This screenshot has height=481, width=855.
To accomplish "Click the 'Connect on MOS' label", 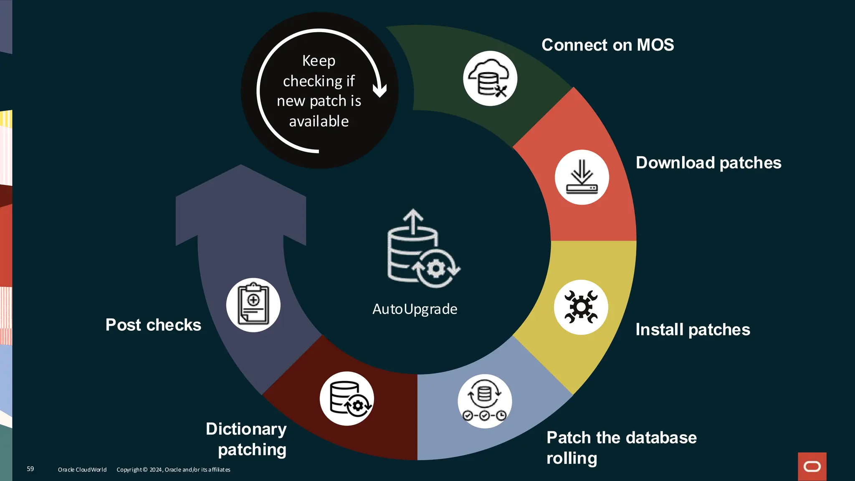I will pyautogui.click(x=607, y=45).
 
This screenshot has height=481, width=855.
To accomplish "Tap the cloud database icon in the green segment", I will pyautogui.click(x=490, y=78).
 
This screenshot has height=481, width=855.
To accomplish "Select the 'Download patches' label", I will pyautogui.click(x=708, y=163).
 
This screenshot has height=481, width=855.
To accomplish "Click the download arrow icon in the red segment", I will pyautogui.click(x=582, y=177).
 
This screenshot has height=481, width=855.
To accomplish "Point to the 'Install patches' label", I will pyautogui.click(x=693, y=330).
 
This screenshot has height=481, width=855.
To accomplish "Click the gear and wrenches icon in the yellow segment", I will pyautogui.click(x=581, y=307).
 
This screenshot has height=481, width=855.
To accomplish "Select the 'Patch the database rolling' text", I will pyautogui.click(x=621, y=448).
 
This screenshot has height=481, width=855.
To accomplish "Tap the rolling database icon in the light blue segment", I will pyautogui.click(x=484, y=401).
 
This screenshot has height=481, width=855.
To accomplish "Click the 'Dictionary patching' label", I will pyautogui.click(x=246, y=439).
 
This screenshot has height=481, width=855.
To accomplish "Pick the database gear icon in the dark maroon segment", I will pyautogui.click(x=347, y=398).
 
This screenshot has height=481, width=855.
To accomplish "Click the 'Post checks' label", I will pyautogui.click(x=153, y=325).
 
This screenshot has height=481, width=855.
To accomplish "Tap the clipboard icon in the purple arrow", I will pyautogui.click(x=253, y=305).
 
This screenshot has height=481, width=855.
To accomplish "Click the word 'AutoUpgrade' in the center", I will pyautogui.click(x=415, y=309).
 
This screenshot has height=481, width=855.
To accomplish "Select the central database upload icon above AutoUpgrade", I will pyautogui.click(x=422, y=249).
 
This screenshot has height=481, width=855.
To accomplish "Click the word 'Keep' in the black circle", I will pyautogui.click(x=319, y=61).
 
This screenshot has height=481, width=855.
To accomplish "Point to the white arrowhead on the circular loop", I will pyautogui.click(x=379, y=90).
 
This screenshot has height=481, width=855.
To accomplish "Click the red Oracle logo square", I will pyautogui.click(x=812, y=466).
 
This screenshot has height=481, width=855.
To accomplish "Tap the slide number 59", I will pyautogui.click(x=30, y=469).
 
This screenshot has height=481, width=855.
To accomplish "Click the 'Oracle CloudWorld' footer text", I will pyautogui.click(x=82, y=470).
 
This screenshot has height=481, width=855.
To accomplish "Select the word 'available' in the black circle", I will pyautogui.click(x=319, y=122).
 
